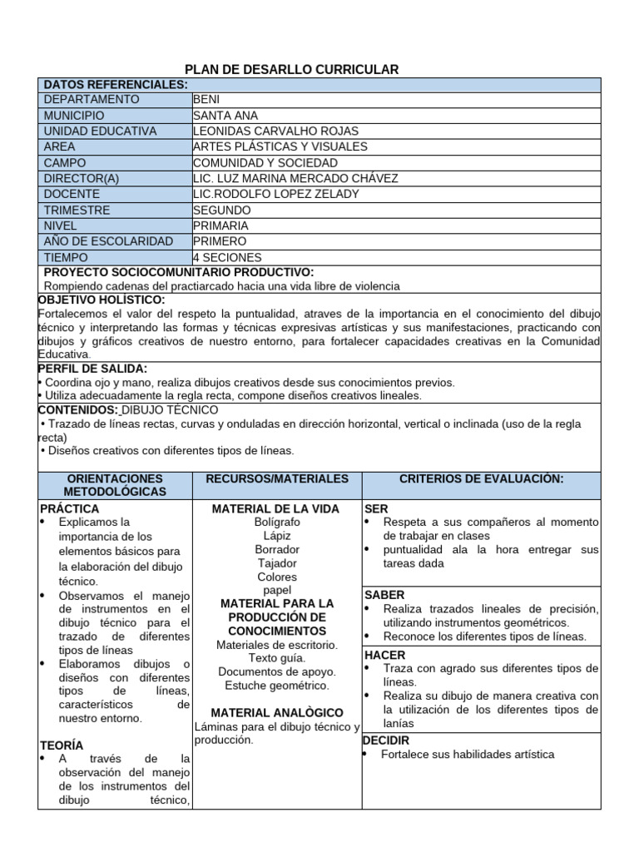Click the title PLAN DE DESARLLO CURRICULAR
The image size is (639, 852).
tap(290, 69)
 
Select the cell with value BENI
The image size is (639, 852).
tap(206, 100)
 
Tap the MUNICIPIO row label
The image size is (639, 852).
tap(74, 116)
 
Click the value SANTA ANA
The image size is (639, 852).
tap(225, 116)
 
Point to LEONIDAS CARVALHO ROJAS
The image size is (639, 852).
tap(275, 131)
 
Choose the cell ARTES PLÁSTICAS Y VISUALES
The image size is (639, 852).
tap(280, 147)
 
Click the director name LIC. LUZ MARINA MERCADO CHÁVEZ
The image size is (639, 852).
tap(295, 179)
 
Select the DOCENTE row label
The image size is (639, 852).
tap(72, 195)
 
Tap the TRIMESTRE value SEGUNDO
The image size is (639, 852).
tap(221, 211)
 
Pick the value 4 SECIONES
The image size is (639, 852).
tap(227, 258)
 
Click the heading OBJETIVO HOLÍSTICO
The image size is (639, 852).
tap(102, 300)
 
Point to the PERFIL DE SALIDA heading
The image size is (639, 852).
tap(93, 369)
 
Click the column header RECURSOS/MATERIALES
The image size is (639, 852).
tap(277, 479)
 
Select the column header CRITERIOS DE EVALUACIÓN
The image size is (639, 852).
tap(481, 479)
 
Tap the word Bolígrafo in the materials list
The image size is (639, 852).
tap(277, 522)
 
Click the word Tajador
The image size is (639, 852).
tap(277, 563)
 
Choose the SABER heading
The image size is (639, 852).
tap(384, 595)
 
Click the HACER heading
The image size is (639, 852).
tap(385, 655)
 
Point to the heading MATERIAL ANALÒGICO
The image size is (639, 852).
tap(277, 713)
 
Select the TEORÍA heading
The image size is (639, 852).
tap(62, 746)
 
